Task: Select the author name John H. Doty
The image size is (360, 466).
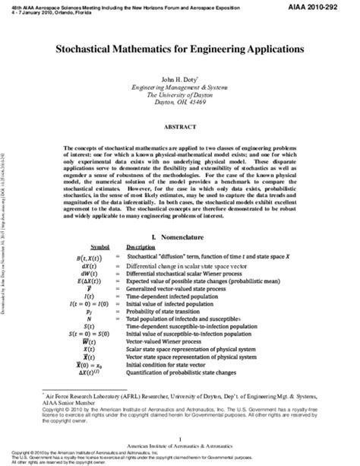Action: tap(179, 79)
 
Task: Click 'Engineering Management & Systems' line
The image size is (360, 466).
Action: tap(179, 87)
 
